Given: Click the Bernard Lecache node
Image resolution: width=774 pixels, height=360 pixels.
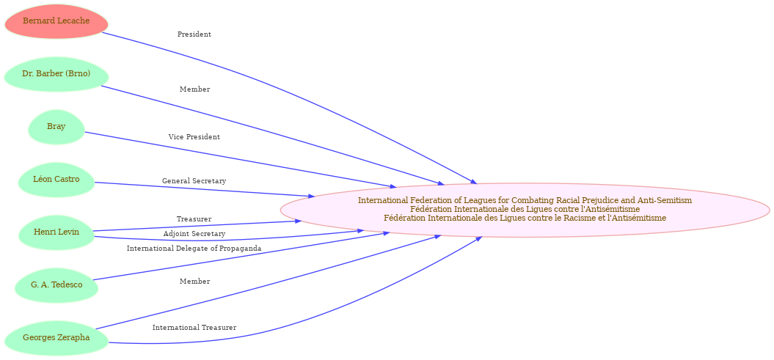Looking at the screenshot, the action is [x=56, y=21].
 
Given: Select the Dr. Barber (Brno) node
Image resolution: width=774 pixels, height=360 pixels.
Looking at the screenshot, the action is [x=56, y=74].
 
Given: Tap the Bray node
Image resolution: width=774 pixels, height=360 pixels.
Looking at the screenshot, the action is [x=56, y=127].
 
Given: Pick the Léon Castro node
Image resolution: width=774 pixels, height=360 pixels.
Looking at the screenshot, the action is [x=56, y=180].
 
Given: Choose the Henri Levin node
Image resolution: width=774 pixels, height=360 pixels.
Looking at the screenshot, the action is [x=56, y=232].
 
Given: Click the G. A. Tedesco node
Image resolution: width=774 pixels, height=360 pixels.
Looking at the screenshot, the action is [x=56, y=285].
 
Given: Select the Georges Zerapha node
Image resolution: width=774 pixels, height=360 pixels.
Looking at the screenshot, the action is [x=56, y=338].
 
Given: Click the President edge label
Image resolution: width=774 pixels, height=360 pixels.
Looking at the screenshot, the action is [x=194, y=34].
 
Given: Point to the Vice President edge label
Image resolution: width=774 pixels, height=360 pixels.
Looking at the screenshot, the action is [x=194, y=136].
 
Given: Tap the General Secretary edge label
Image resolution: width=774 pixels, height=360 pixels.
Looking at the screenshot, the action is [x=194, y=181].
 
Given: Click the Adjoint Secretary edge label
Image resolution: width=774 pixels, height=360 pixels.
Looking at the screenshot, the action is [x=194, y=233].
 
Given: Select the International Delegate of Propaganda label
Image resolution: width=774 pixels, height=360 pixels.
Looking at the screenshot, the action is [x=194, y=248].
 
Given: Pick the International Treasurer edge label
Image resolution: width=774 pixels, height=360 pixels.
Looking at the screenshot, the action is [x=194, y=328].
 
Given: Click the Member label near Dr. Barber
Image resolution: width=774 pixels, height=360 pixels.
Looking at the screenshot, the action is [x=194, y=89].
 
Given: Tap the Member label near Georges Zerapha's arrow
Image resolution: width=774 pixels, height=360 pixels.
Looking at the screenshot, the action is [x=194, y=281].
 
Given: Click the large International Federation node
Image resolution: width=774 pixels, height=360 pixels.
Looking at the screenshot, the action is [x=525, y=210].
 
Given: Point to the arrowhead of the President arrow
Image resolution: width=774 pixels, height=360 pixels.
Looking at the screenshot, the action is [x=474, y=183].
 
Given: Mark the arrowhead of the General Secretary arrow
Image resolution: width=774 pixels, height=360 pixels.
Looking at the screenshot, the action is [x=312, y=196].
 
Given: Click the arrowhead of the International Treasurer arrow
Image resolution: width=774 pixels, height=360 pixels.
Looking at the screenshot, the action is [x=479, y=239].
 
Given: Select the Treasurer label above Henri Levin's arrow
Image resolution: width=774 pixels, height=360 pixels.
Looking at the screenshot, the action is [x=194, y=218].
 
